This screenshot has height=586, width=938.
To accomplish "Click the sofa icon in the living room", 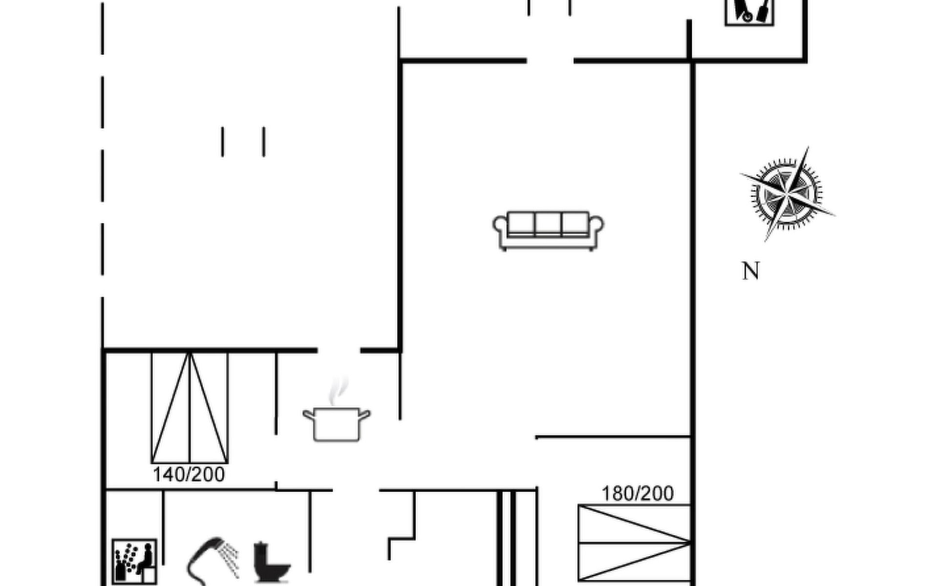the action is tap(548, 231).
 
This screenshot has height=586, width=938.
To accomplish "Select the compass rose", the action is tap(787, 194).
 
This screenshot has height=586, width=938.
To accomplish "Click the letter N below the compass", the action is tap(751, 271).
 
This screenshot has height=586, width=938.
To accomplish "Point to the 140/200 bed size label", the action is tap(189, 475).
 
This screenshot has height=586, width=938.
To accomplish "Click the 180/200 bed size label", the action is tap(638, 494).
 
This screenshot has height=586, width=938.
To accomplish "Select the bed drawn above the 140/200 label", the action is tap(190, 407).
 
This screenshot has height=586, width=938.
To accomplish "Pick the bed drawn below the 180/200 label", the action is tap(634, 543).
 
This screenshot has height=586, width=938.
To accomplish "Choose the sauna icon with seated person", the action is tap(134, 561).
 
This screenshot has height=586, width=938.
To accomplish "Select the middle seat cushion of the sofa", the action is tap(548, 224).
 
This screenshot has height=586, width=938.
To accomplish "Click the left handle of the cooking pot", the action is tap(309, 416).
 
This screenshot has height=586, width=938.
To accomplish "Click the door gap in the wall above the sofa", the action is tap(550, 61).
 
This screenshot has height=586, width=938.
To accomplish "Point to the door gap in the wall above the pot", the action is tap(339, 350).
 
